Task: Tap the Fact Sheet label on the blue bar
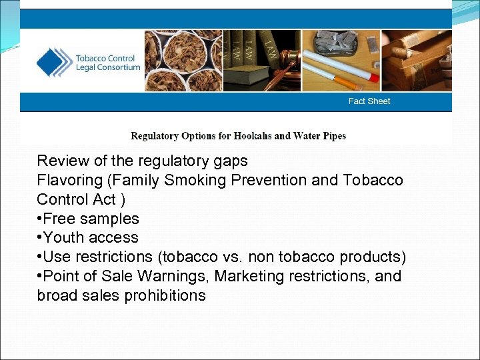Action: (x=369, y=101)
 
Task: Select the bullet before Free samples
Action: (x=40, y=219)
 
